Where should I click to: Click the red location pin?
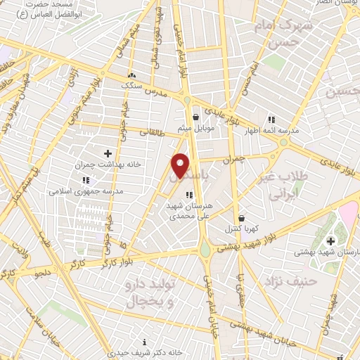(181, 165)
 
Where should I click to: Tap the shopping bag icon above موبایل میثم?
(195, 117)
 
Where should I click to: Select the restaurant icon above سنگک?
(131, 75)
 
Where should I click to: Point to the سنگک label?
(131, 84)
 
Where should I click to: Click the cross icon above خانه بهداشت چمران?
(108, 153)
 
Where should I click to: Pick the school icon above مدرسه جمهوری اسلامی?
(86, 180)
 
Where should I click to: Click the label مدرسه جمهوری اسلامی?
(86, 191)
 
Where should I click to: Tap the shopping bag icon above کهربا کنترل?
(242, 218)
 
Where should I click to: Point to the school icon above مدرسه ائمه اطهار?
(271, 119)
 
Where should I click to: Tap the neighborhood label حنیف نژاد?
(290, 282)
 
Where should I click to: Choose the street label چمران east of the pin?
(235, 160)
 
